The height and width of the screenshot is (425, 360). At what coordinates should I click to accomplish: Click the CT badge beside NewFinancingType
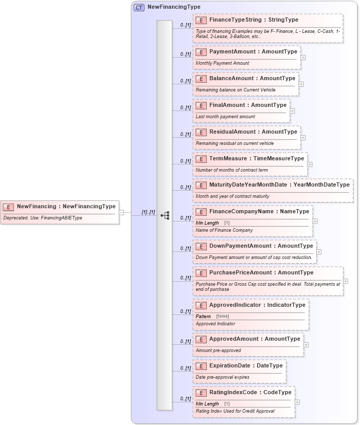pos(139,8)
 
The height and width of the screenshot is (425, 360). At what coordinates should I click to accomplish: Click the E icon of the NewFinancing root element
pos(9,207)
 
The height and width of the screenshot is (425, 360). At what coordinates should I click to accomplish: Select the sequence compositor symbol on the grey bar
pos(165,215)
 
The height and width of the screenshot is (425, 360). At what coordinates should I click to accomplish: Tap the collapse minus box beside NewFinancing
pos(121,212)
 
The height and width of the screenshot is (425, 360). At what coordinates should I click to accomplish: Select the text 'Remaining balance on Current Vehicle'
pos(236,90)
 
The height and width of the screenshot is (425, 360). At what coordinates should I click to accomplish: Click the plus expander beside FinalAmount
pos(292,110)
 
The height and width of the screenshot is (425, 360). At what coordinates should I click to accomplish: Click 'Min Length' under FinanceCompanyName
pos(207,223)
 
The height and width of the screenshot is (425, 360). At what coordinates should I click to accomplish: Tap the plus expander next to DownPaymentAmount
pos(319,252)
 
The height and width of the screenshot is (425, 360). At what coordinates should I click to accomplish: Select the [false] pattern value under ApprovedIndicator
pos(223,317)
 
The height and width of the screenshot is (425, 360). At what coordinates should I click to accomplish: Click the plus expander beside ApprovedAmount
pos(306,345)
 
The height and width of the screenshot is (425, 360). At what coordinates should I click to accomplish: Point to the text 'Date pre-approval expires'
pos(223,377)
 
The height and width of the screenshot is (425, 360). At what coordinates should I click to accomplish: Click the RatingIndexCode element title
pos(250,393)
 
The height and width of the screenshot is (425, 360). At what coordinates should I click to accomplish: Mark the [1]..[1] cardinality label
pos(148,212)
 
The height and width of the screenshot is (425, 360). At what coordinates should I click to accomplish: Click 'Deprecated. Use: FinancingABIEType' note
pos(43,218)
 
